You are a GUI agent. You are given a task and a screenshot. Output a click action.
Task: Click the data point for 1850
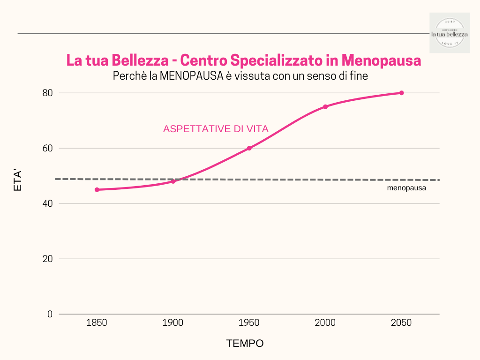click(x=97, y=190)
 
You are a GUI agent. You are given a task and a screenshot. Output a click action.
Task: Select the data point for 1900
click(x=173, y=181)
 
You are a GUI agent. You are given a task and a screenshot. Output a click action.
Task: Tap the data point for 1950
click(x=249, y=148)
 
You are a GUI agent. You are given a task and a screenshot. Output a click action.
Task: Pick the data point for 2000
click(x=325, y=106)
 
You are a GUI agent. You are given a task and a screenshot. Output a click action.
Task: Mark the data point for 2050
click(x=401, y=93)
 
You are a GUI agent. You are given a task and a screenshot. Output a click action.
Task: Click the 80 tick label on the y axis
click(x=47, y=93)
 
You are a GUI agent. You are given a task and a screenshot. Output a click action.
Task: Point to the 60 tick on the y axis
click(x=47, y=148)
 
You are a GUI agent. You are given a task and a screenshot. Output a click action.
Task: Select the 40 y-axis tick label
click(x=47, y=203)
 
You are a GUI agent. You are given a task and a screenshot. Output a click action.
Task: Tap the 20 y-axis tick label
click(x=47, y=259)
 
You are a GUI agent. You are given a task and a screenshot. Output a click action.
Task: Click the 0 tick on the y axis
click(x=50, y=314)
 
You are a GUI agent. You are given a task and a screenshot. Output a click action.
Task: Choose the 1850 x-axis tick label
click(x=97, y=323)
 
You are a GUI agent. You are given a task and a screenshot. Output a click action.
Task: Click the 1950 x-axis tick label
click(x=249, y=323)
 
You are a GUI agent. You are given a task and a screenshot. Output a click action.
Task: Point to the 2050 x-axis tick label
click(x=401, y=323)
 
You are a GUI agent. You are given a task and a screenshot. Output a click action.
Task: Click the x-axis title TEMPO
click(x=245, y=344)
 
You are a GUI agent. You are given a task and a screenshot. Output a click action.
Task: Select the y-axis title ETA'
click(x=18, y=180)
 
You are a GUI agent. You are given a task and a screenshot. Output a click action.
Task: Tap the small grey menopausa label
click(x=406, y=188)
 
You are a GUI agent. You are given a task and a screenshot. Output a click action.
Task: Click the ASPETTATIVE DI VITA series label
click(x=216, y=129)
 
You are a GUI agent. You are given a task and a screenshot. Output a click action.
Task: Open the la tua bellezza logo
click(x=450, y=33)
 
